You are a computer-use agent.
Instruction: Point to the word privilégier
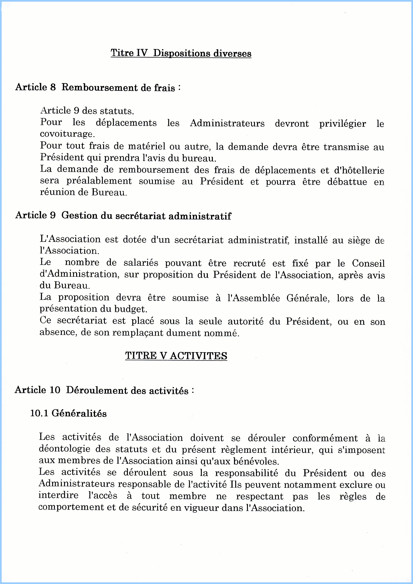point(343,124)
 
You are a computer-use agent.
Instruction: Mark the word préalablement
point(99,181)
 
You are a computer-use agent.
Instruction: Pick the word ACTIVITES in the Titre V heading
point(199,356)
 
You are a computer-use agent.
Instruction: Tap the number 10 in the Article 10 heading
point(55,390)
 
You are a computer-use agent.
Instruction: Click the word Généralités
point(79,413)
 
